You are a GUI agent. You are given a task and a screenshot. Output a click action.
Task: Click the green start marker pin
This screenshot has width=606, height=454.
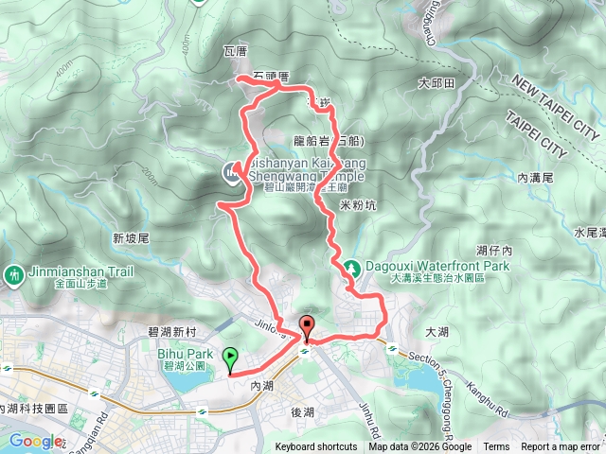coord(230,358)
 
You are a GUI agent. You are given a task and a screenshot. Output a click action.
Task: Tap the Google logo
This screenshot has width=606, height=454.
coord(34,440)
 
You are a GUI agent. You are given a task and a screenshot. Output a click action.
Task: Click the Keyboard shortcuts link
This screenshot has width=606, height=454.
coord(316,447)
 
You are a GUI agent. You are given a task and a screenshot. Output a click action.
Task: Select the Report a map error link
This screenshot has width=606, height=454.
coord(561,447)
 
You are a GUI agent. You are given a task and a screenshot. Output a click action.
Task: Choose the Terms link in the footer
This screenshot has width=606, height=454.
coord(496,447)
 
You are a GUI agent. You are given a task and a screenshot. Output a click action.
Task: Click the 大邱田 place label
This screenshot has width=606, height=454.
coord(437,84)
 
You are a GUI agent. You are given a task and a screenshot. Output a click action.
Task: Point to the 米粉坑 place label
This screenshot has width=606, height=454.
coord(357,204)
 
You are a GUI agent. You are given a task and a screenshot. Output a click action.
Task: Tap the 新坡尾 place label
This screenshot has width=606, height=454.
coord(132,239)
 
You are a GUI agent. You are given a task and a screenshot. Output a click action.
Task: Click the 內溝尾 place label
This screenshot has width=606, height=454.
coord(536,176)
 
